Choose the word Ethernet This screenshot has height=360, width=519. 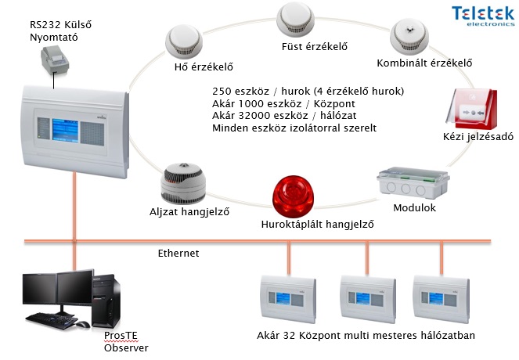click(x=179, y=253)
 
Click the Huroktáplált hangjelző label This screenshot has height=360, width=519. click(x=317, y=225)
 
